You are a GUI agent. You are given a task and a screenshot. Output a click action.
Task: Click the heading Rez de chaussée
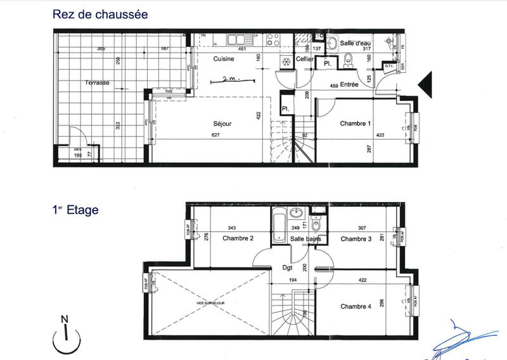[x=101, y=14]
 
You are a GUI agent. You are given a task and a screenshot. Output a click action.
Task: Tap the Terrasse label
[x=98, y=83]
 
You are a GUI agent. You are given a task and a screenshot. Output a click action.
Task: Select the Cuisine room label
[x=224, y=59]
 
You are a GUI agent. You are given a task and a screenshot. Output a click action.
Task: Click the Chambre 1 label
[x=355, y=124]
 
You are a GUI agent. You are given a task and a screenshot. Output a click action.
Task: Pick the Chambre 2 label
[x=238, y=239]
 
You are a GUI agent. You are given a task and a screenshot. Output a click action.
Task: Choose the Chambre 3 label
[x=356, y=239]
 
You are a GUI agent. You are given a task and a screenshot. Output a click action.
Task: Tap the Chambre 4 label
[x=356, y=307]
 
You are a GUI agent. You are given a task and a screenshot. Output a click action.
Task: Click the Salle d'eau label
[x=355, y=43]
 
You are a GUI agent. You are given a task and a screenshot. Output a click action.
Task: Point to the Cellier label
[x=305, y=59]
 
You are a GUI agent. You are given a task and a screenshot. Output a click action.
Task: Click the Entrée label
[x=349, y=84]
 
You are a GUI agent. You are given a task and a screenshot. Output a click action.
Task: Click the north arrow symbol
[x=65, y=335]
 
